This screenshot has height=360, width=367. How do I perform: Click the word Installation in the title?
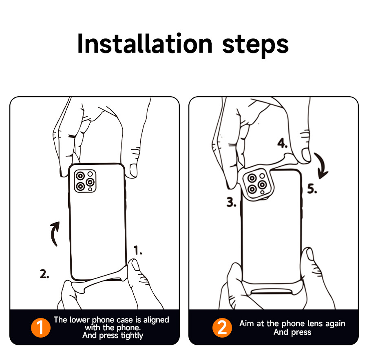tap(145, 44)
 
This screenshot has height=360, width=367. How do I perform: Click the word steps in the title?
tap(255, 46)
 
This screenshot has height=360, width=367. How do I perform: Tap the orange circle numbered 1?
tap(41, 327)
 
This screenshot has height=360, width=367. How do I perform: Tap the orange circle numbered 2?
tap(222, 327)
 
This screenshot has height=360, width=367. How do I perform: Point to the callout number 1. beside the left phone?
tap(138, 250)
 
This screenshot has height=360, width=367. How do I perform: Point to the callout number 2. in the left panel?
tap(44, 274)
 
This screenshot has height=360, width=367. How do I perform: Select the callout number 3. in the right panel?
tap(232, 202)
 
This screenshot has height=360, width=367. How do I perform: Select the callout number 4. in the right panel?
tap(283, 143)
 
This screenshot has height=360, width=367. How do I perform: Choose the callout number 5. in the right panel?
tap(312, 189)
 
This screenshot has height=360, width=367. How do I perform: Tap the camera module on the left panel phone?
tap(85, 181)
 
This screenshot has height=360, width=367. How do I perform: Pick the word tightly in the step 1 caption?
tap(132, 336)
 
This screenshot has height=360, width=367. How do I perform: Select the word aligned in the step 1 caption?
tap(156, 320)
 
